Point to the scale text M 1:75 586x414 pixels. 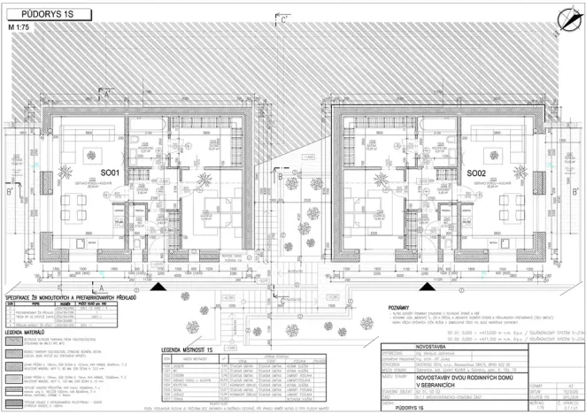[21, 27]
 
